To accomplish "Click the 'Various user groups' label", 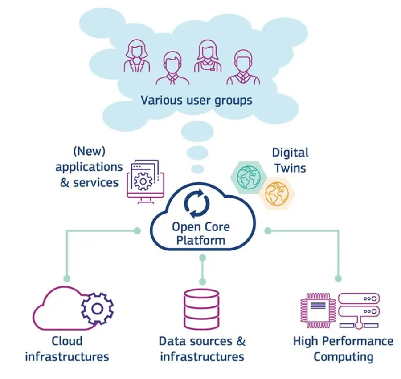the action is point(196,100).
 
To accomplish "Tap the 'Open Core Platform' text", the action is point(201,234).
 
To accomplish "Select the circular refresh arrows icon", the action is point(197,204).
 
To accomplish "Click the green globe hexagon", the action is point(248,177).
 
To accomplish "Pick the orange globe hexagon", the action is point(277,194).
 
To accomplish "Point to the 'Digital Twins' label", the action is point(290,161).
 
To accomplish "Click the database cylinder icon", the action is point(201,310).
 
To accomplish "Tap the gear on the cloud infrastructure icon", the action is point(97,309).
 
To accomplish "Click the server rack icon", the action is point(359,310).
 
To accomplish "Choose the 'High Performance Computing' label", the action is point(343,349).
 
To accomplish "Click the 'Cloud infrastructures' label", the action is point(67,349).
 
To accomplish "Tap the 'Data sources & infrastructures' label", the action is point(202,349).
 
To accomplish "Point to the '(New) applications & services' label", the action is point(89,167).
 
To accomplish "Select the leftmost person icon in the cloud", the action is point(137,56).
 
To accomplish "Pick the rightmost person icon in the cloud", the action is point(243,67).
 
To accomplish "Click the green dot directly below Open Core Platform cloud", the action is point(203,258).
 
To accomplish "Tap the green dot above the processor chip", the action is point(338,278).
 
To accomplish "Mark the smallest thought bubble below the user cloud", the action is point(197,169).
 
